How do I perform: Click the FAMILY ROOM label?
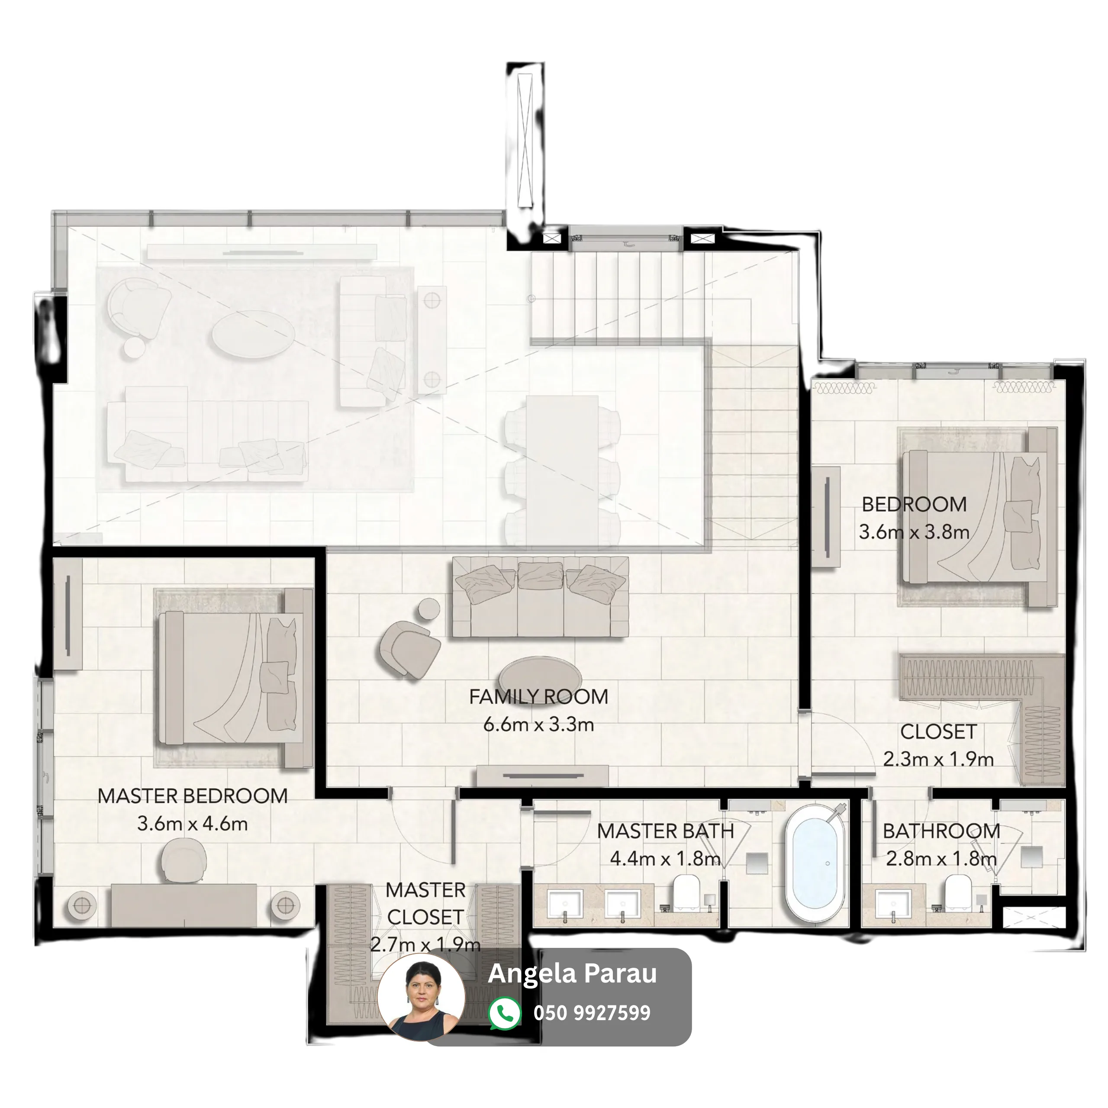[x=538, y=697]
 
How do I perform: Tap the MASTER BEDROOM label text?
[x=193, y=796]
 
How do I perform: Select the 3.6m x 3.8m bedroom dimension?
[x=914, y=532]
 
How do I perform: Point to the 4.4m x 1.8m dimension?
[x=665, y=859]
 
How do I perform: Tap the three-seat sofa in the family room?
[x=540, y=597]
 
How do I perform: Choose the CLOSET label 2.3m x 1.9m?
[x=938, y=746]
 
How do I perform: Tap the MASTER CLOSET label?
[x=425, y=903]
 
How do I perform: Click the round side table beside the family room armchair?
[x=428, y=609]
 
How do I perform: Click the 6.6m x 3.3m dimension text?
[x=538, y=725]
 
